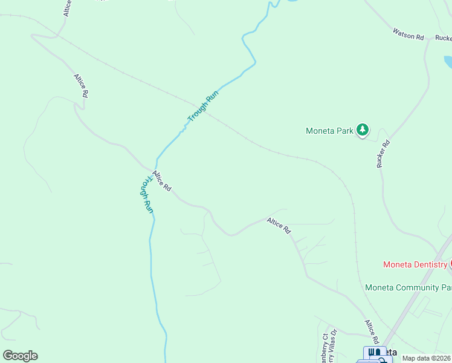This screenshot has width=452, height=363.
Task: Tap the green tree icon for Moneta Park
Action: [363, 129]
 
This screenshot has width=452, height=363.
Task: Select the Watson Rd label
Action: [408, 34]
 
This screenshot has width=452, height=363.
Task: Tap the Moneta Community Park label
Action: [408, 287]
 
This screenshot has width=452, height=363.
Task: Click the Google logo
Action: [20, 356]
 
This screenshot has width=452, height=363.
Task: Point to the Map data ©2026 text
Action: [426, 358]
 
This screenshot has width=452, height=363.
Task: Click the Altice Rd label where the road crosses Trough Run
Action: [162, 181]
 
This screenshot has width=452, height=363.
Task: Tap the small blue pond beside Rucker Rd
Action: [448, 62]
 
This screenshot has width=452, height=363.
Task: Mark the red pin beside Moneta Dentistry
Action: [450, 264]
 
